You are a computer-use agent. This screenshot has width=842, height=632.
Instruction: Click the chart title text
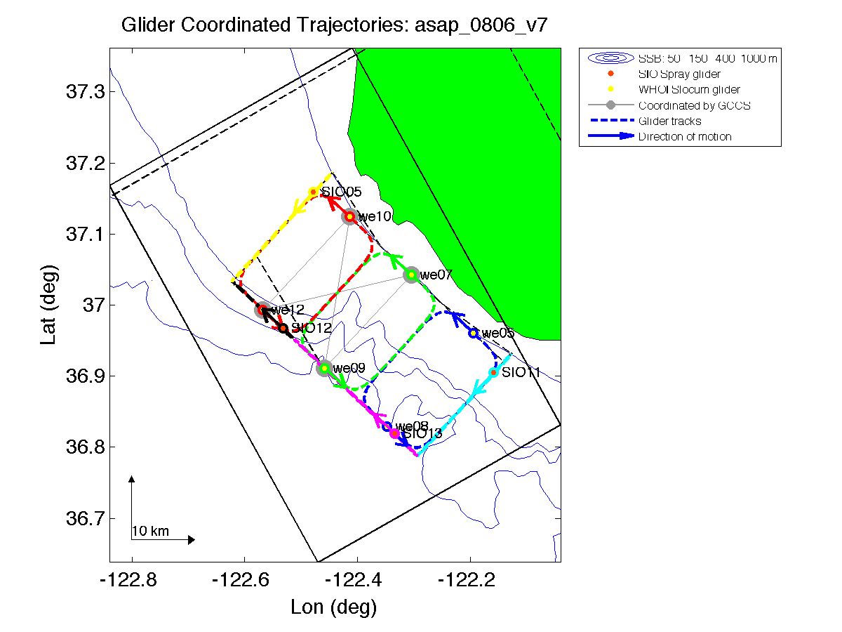point(335,26)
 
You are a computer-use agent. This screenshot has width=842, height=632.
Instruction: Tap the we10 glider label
point(374,217)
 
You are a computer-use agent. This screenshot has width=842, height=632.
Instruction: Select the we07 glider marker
point(411,275)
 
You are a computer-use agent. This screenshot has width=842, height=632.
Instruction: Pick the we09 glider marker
point(324,368)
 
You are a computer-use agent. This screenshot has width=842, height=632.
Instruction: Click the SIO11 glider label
point(521,372)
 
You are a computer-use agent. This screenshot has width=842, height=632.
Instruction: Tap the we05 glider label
point(498,333)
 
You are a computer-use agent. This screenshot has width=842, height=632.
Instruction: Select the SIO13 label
point(422,434)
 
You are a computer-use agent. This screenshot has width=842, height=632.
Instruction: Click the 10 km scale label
point(150,531)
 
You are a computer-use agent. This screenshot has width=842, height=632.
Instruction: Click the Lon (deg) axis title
point(334,607)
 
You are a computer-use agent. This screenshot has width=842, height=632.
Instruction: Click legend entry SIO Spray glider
point(679,74)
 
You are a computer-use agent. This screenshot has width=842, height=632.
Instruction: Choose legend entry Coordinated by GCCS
point(685,105)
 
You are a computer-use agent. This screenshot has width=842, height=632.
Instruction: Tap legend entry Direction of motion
point(685,136)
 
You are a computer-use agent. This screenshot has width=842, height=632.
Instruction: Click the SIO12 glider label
point(311,328)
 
